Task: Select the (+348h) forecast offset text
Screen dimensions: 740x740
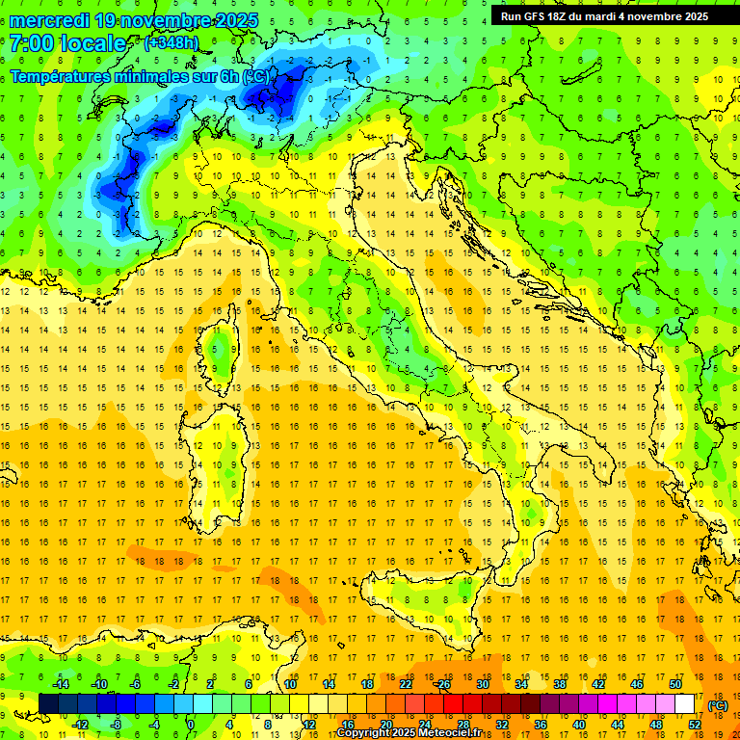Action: point(172,42)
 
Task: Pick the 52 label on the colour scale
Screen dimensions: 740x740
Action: point(694,724)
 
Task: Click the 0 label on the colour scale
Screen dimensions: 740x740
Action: point(190,724)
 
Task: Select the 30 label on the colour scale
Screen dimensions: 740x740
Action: point(483,684)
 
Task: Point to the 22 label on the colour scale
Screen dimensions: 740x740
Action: point(406,684)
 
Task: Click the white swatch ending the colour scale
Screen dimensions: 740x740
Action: point(685,703)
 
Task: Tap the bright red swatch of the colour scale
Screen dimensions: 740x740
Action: point(453,703)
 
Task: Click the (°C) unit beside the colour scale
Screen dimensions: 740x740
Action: point(718,704)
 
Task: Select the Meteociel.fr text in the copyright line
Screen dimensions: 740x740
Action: point(444,733)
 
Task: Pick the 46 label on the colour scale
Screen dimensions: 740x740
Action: point(636,684)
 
